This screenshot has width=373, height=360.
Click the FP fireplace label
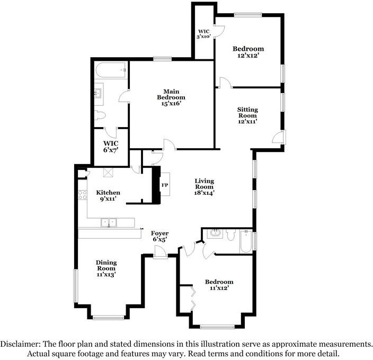(165, 185)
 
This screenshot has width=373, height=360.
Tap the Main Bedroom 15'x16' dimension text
(171, 104)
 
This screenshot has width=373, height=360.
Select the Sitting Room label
(247, 112)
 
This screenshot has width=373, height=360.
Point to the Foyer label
(159, 233)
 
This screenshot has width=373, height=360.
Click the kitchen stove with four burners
(83, 195)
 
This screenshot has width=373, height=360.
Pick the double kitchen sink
(109, 223)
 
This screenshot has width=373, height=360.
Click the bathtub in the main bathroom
(111, 70)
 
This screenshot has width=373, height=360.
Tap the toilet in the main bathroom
(100, 116)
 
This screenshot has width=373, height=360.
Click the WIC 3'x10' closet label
(204, 34)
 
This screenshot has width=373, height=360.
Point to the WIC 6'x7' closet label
(111, 147)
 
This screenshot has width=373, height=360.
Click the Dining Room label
(106, 265)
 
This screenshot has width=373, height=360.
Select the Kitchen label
(108, 193)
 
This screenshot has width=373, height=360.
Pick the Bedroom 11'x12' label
(219, 285)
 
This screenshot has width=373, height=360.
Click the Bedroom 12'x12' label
(248, 52)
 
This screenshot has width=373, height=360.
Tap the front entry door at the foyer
(160, 252)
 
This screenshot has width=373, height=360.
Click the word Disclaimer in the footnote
(20, 344)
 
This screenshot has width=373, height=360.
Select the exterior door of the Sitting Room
(280, 137)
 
